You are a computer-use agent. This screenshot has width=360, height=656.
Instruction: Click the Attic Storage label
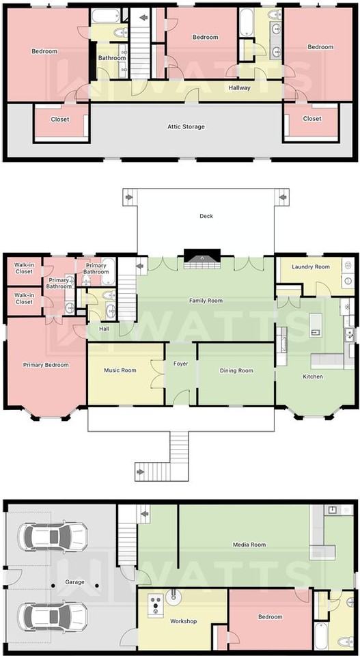point(186,126)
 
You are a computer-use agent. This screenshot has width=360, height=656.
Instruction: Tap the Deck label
point(206,216)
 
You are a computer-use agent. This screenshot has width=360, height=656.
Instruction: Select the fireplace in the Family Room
point(202,256)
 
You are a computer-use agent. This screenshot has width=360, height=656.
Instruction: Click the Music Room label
point(120,370)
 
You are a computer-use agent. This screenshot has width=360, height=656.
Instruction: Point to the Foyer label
point(180,364)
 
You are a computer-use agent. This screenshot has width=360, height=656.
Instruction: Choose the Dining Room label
point(236,370)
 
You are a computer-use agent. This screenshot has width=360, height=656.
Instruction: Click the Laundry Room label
point(311,266)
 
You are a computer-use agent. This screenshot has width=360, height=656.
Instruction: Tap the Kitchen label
point(313,377)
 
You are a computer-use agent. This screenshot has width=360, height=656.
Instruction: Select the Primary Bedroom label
point(46,365)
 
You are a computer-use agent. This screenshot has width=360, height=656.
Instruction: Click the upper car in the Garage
point(53,536)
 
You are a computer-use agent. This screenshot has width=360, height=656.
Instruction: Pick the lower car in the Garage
point(53,617)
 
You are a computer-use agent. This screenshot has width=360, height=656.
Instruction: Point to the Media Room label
point(249,545)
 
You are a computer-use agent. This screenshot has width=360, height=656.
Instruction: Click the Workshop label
point(184,621)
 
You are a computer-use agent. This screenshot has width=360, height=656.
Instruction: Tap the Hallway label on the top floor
point(240,88)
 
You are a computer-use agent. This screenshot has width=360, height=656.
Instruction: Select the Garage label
point(75,582)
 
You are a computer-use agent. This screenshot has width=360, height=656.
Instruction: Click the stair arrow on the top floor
point(144,18)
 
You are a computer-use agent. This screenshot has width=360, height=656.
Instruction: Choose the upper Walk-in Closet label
point(24,268)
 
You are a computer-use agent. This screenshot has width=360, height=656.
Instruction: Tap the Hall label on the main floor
point(104,329)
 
